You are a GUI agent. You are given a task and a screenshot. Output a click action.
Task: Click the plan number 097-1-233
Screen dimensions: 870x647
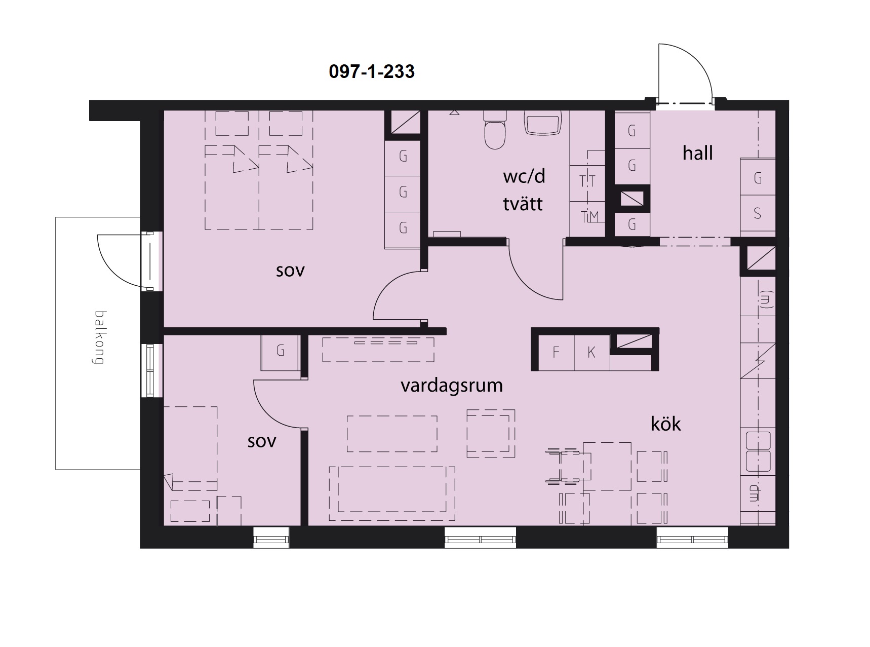(x=372, y=71)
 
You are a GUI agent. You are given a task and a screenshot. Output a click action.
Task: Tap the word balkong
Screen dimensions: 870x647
(x=99, y=337)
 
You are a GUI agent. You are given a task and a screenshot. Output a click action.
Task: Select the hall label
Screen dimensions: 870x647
(x=697, y=153)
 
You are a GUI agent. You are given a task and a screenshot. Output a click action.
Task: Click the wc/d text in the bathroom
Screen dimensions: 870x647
(x=524, y=176)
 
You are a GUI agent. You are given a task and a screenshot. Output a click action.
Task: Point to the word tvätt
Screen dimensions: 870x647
(x=523, y=204)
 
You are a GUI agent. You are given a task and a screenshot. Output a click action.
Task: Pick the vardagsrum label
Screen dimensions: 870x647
(x=452, y=386)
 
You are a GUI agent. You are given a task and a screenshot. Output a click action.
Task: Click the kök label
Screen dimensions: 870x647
(x=666, y=424)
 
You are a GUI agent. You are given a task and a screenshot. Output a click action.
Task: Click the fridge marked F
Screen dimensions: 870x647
(x=556, y=352)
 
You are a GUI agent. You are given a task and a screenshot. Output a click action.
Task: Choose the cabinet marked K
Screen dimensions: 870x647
(x=591, y=352)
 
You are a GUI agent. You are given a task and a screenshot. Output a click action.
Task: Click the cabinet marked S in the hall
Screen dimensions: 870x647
(x=758, y=213)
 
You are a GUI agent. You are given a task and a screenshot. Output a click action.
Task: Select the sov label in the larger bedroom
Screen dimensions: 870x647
(x=290, y=271)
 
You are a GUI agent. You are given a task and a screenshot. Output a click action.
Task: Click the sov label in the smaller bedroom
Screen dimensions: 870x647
(x=262, y=441)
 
